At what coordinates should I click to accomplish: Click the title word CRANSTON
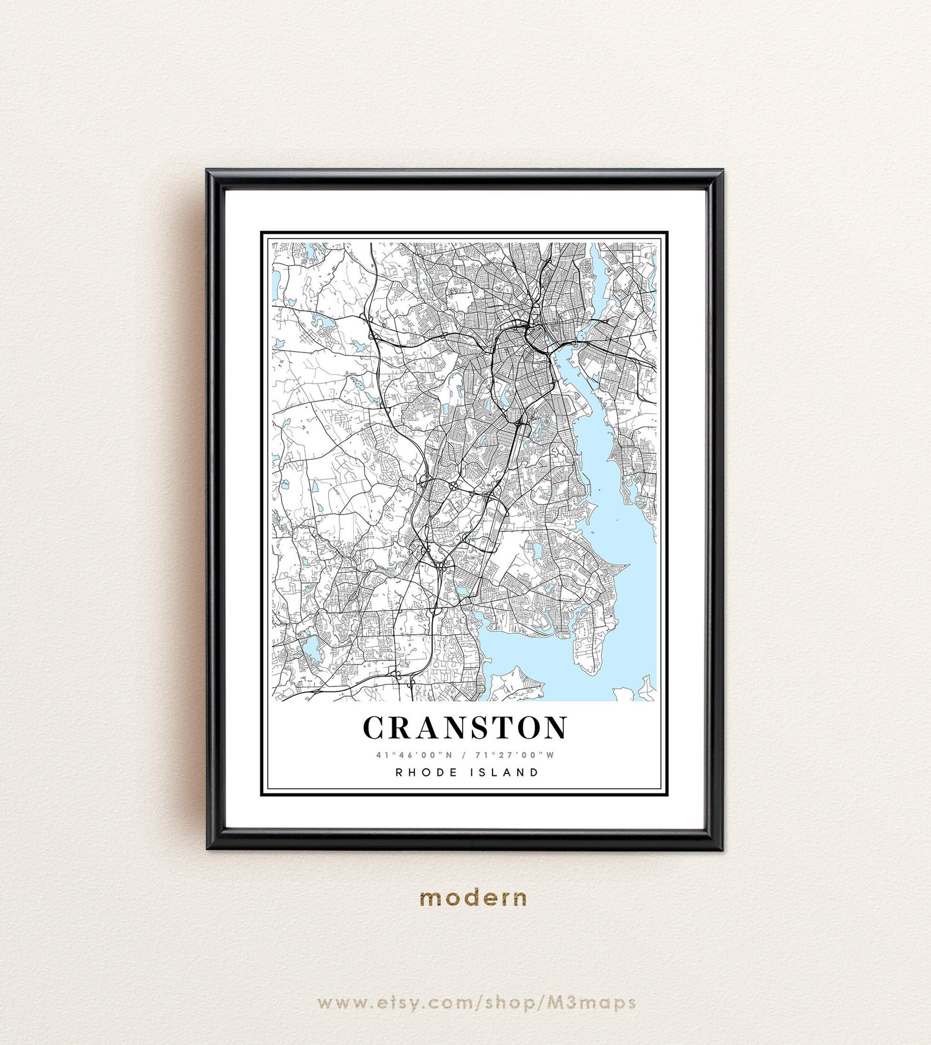click(x=465, y=728)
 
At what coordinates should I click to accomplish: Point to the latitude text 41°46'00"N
click(x=414, y=755)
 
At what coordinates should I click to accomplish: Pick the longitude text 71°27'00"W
click(x=515, y=755)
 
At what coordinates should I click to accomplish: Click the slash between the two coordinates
click(x=464, y=755)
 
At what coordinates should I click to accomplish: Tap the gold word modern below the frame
click(x=474, y=897)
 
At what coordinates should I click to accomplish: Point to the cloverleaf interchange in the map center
click(x=454, y=486)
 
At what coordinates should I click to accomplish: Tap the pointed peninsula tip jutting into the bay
click(x=627, y=566)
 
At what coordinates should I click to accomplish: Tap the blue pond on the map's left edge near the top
click(x=276, y=284)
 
